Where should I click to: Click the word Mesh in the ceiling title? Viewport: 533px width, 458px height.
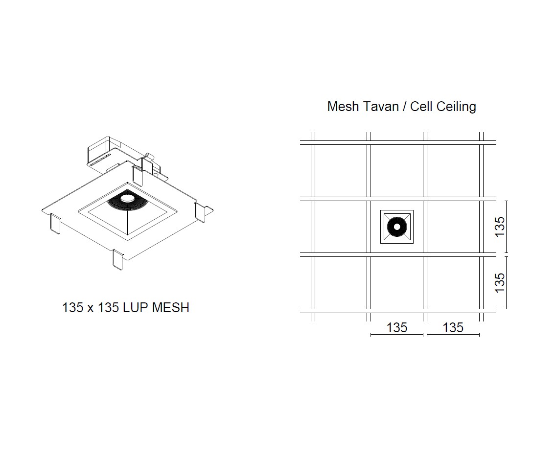[343, 107]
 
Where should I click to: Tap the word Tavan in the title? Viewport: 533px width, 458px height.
[380, 107]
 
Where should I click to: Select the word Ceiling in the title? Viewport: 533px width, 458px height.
[457, 107]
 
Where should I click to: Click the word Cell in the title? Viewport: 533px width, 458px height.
[421, 107]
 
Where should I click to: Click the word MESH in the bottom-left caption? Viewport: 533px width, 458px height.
[171, 307]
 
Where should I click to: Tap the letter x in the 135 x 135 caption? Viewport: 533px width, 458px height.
[91, 308]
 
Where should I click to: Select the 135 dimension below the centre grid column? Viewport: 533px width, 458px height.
[396, 327]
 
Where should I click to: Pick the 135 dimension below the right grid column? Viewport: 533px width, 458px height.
[453, 327]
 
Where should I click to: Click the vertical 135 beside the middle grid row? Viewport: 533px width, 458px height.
[500, 227]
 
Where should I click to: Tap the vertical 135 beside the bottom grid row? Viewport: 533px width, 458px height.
[500, 283]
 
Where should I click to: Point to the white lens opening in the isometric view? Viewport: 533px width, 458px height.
[127, 198]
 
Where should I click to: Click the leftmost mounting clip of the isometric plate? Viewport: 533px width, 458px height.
[55, 223]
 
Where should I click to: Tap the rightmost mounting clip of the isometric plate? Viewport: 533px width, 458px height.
[201, 212]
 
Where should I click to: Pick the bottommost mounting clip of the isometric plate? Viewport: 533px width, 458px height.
[118, 260]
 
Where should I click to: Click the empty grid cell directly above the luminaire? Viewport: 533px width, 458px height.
[396, 171]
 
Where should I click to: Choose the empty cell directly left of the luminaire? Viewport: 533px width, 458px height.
[341, 227]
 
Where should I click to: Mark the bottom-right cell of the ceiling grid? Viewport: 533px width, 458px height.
[453, 283]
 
